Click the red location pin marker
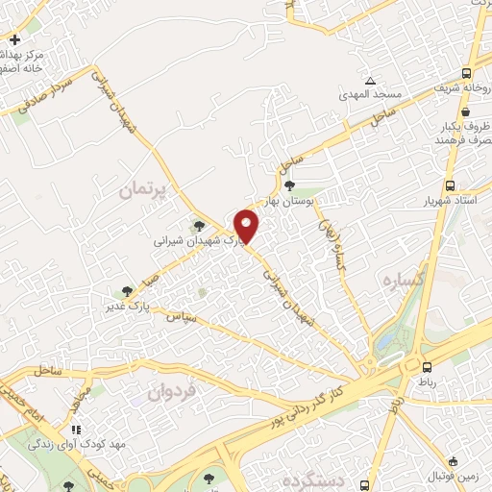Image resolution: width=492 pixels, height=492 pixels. tap(247, 225)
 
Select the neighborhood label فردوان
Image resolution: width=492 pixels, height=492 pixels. tap(173, 391)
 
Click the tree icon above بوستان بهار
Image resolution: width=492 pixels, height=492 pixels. tap(289, 185)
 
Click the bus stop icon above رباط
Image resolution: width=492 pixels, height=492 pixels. tap(427, 366)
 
